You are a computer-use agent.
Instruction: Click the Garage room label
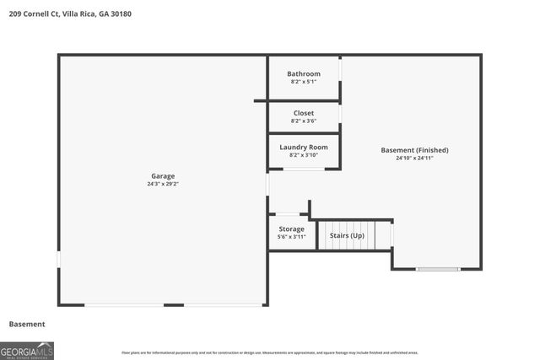click(x=163, y=175)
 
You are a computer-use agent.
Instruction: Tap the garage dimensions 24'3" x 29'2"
click(x=163, y=184)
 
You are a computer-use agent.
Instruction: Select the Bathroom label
click(x=304, y=73)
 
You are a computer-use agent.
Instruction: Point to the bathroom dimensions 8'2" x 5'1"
click(x=304, y=82)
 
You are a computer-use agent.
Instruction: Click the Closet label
click(x=304, y=113)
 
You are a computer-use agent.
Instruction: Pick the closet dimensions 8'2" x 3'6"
click(x=304, y=121)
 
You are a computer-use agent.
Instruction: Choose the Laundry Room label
click(x=304, y=147)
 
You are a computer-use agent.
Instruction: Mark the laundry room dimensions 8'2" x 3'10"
click(x=304, y=155)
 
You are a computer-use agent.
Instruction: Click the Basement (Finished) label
click(x=414, y=150)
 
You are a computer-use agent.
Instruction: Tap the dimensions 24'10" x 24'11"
click(x=414, y=159)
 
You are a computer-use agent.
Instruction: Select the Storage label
click(x=291, y=228)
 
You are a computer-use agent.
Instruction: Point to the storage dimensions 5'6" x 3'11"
click(x=291, y=237)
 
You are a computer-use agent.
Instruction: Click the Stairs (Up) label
click(x=347, y=235)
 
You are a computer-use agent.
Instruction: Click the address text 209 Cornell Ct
click(x=34, y=14)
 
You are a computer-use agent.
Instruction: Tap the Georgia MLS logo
click(x=27, y=350)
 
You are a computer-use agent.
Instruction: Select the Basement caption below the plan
click(x=27, y=324)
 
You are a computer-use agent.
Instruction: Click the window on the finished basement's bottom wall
click(x=438, y=269)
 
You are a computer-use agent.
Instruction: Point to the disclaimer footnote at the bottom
click(x=269, y=352)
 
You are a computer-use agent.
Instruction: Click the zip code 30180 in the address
click(x=121, y=14)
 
